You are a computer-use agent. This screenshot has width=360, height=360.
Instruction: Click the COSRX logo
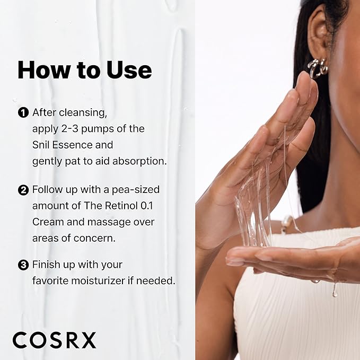(x=55, y=340)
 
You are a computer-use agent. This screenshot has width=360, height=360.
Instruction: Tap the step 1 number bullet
(x=23, y=112)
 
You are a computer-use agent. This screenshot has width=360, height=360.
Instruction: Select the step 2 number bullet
(x=23, y=189)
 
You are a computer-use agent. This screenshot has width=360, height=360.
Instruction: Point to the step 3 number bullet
(x=23, y=265)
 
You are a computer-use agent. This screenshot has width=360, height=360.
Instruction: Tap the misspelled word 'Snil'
(x=42, y=144)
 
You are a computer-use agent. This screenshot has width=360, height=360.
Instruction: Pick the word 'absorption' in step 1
(x=142, y=160)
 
